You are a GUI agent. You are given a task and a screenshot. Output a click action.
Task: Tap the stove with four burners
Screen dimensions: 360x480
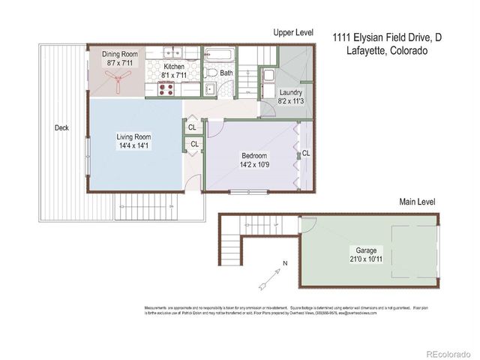pos(166,88)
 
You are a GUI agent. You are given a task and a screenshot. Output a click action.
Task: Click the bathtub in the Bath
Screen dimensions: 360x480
pos(219,55)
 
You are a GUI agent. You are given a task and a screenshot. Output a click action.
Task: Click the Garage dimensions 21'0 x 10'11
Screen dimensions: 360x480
pos(365,259)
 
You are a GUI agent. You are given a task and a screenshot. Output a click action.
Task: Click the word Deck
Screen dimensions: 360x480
pos(61,128)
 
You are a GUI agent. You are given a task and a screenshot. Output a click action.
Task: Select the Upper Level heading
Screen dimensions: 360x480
pos(292,33)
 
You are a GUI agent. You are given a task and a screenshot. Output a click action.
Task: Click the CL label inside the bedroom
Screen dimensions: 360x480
pos(306,154)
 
